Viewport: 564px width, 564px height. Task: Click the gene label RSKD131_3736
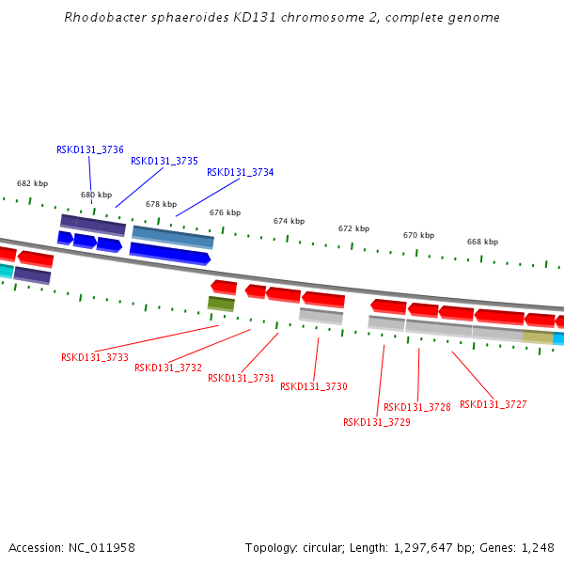click(x=90, y=149)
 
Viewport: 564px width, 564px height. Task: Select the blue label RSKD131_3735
click(x=164, y=161)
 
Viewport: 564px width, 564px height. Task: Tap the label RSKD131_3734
click(x=241, y=172)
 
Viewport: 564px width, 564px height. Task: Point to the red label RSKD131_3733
click(x=95, y=357)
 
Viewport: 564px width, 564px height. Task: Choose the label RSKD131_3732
click(x=168, y=368)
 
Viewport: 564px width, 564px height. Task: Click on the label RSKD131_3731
click(x=241, y=378)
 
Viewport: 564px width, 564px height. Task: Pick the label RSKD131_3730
click(x=314, y=386)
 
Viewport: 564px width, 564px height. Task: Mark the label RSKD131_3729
click(x=377, y=422)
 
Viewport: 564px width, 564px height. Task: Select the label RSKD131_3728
click(x=417, y=407)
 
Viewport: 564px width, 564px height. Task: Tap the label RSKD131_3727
click(x=493, y=404)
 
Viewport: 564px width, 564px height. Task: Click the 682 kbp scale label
click(x=32, y=184)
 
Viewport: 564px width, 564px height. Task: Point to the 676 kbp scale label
click(x=225, y=212)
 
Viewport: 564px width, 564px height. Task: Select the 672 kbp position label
click(x=353, y=228)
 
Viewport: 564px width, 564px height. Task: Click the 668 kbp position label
click(x=482, y=242)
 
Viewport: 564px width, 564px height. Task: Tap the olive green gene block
click(x=221, y=304)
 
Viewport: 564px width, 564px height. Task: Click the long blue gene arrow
click(x=169, y=252)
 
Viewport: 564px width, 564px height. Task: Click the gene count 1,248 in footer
click(x=538, y=547)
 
